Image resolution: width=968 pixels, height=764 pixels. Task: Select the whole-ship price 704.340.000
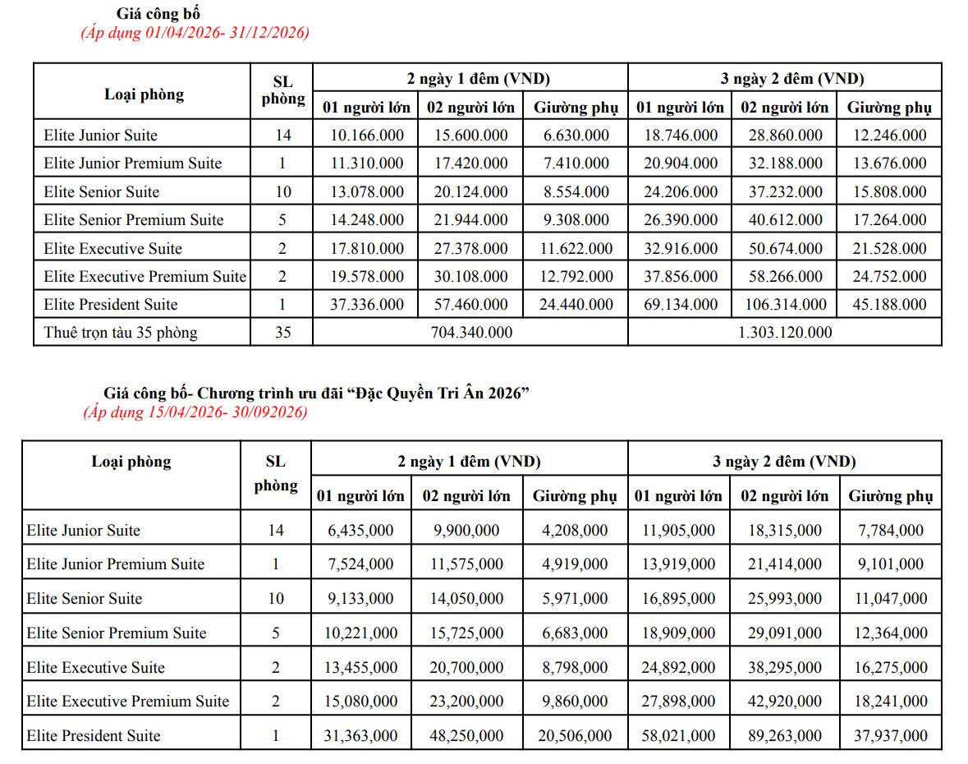(x=470, y=333)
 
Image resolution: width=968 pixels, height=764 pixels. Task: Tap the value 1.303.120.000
(x=784, y=333)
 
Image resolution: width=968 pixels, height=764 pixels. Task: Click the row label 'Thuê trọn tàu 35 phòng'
(x=121, y=333)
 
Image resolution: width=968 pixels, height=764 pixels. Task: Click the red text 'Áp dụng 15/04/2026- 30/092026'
(x=195, y=412)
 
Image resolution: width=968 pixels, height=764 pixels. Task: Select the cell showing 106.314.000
(x=784, y=305)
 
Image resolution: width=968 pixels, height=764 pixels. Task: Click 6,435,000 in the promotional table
(x=360, y=531)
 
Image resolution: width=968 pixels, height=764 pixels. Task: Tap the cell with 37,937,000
(x=890, y=736)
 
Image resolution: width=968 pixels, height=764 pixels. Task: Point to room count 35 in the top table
(x=282, y=333)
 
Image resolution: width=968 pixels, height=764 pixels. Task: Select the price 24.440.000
(x=576, y=305)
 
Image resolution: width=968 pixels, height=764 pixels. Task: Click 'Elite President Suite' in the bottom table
(x=93, y=736)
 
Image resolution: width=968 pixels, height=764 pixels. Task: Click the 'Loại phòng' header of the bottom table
(x=131, y=462)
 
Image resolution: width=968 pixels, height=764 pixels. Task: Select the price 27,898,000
(x=678, y=702)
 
